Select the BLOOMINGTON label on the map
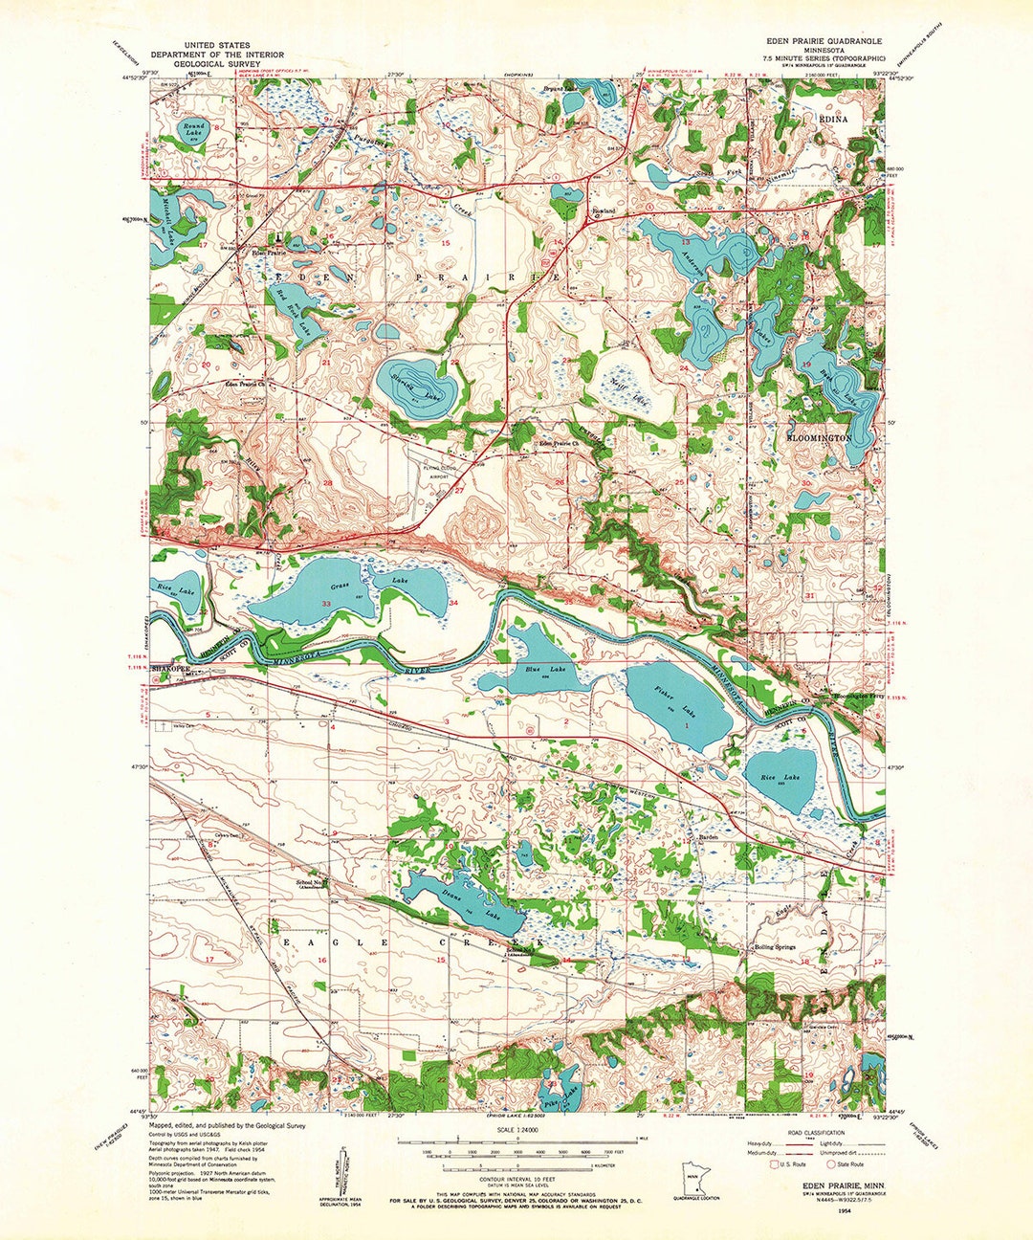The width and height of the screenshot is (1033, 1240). (x=819, y=437)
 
